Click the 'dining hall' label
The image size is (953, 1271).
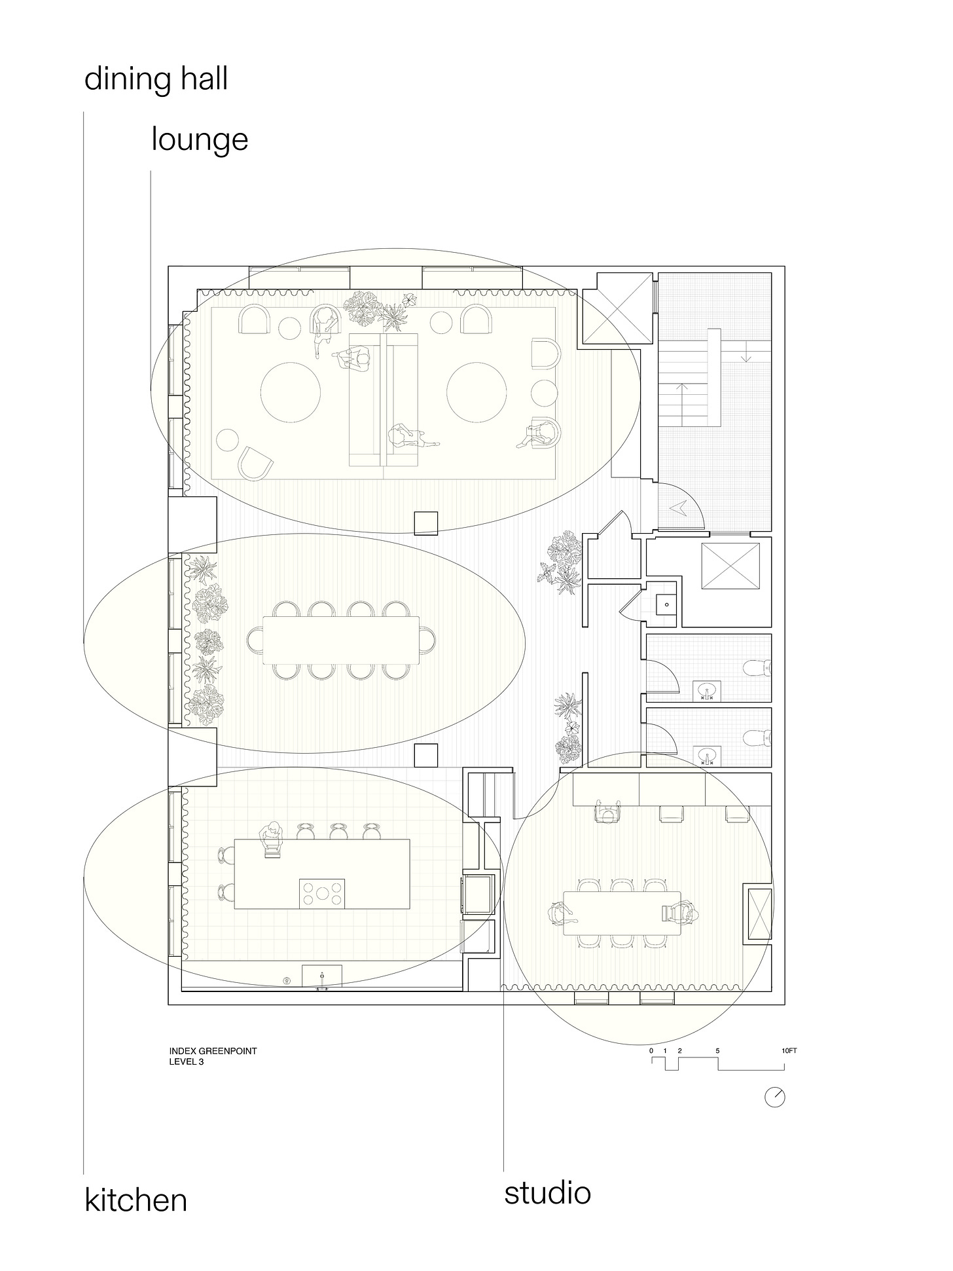pos(156,79)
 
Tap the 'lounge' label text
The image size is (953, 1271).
pos(200,139)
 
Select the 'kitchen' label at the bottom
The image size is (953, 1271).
pos(136,1200)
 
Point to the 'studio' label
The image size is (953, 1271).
pos(547,1192)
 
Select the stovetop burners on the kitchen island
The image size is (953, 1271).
pos(322,893)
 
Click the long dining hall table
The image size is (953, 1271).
pos(341,640)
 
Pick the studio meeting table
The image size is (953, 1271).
pos(622,913)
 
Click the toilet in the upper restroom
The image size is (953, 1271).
pos(757,669)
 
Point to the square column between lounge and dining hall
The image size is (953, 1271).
pos(426,523)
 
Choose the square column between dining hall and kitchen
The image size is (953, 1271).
pos(426,755)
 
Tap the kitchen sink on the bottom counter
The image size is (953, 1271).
pos(321,975)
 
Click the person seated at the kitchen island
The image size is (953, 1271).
pos(272,839)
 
